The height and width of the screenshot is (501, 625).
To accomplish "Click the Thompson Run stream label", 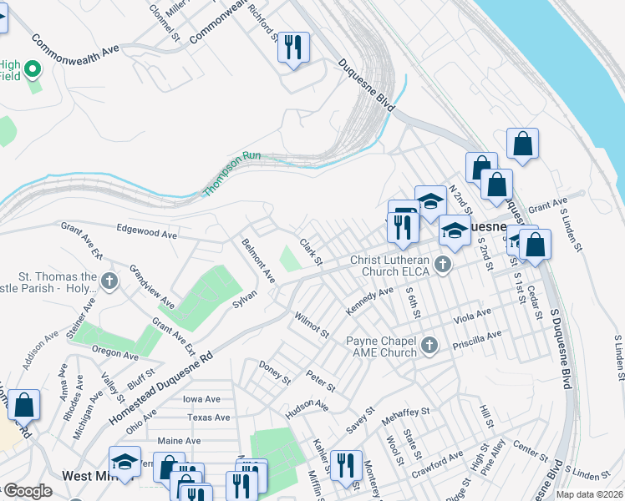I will point(232,174).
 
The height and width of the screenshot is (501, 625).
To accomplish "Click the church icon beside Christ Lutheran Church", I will point(443,266).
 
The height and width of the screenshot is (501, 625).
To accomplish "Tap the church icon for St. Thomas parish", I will point(109,281).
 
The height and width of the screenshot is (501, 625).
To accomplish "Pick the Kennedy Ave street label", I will point(369,301).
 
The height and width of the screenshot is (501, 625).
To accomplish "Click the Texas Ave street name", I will point(208,417).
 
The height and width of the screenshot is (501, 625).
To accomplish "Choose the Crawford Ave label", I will point(441,458).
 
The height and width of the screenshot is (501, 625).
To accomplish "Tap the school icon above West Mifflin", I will point(124,461).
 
